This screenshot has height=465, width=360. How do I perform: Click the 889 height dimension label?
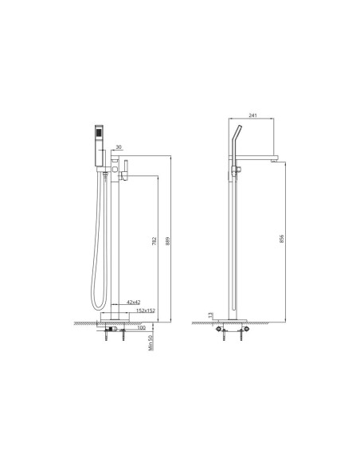(167, 241)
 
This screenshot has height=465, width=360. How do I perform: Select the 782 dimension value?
(155, 241)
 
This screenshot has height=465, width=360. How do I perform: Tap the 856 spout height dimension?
(281, 239)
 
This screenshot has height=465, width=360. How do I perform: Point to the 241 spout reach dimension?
(252, 115)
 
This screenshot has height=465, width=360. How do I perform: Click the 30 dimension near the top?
(119, 147)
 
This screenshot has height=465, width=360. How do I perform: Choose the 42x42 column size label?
(134, 303)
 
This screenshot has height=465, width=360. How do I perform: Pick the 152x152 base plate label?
(145, 311)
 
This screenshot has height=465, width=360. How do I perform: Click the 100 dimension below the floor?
(142, 328)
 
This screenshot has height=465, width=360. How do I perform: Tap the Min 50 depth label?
(151, 342)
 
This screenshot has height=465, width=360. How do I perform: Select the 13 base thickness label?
(210, 315)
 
